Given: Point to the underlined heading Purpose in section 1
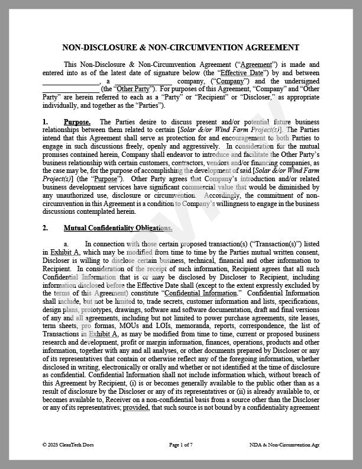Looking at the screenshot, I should (77, 121).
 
